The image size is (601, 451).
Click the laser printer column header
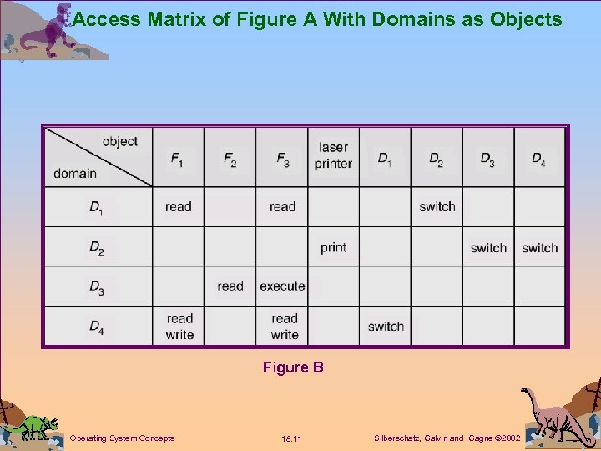click(333, 156)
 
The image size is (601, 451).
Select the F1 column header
click(178, 158)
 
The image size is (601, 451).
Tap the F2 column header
click(230, 158)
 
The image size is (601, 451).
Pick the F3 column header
click(282, 158)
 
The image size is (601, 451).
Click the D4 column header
click(538, 158)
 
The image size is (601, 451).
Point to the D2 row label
click(97, 248)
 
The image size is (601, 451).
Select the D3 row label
click(97, 287)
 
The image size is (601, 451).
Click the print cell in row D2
click(333, 247)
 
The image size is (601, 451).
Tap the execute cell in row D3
click(282, 286)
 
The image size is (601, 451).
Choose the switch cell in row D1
click(437, 207)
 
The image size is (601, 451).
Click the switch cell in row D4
click(386, 327)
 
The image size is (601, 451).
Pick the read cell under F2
click(230, 286)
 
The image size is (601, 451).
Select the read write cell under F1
click(179, 327)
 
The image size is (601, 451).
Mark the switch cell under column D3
click(488, 248)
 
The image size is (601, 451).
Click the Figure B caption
click(293, 367)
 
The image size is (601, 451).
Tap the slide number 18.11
click(292, 438)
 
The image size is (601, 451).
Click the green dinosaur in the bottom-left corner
click(30, 426)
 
